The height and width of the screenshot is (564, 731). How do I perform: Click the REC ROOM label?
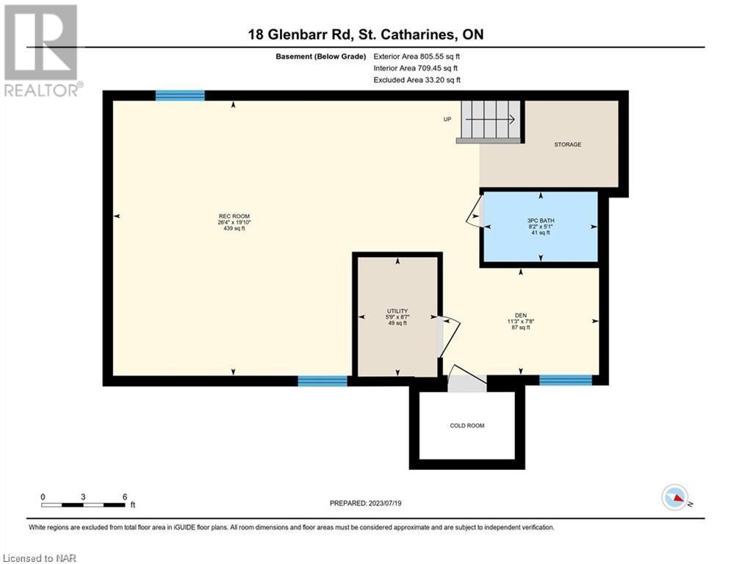click(x=234, y=217)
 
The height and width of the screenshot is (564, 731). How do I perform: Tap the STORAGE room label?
click(x=567, y=145)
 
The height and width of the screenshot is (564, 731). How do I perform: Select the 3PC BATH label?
click(x=541, y=220)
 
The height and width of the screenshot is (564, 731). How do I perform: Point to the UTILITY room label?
click(x=397, y=311)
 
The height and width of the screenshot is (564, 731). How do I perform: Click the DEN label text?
click(x=521, y=316)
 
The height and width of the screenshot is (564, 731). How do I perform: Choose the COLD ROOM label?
click(x=467, y=425)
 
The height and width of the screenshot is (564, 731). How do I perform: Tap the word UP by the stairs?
click(x=447, y=119)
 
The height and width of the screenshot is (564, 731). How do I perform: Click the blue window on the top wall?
click(x=180, y=95)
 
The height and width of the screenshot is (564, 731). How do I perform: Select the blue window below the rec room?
click(x=323, y=381)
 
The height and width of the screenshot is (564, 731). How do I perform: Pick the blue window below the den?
click(x=566, y=380)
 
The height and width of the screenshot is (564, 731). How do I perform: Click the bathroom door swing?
click(x=474, y=212)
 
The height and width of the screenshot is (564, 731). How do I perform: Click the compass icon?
click(x=675, y=497)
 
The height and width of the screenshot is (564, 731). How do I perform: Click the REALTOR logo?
click(x=41, y=51)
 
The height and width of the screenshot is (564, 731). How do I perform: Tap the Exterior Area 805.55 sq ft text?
click(x=417, y=57)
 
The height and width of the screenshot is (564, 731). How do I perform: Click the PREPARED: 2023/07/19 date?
click(x=366, y=503)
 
